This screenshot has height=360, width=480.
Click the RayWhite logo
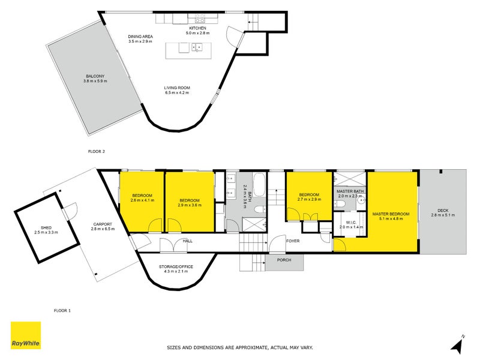pyautogui.click(x=26, y=335)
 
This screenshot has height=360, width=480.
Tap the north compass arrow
pyautogui.click(x=458, y=344)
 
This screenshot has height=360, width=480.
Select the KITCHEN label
pyautogui.click(x=197, y=28)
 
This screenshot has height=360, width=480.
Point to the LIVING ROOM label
pyautogui.click(x=177, y=88)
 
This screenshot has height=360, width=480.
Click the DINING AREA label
pyautogui.click(x=141, y=37)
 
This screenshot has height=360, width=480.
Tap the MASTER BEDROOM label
pyautogui.click(x=391, y=214)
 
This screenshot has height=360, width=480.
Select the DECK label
pyautogui.click(x=443, y=210)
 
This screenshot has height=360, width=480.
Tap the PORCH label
pyautogui.click(x=284, y=260)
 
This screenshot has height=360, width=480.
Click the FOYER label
pyautogui.click(x=293, y=241)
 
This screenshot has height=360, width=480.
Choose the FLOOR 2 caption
pyautogui.click(x=97, y=151)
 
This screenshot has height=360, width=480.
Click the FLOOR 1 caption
pyautogui.click(x=62, y=310)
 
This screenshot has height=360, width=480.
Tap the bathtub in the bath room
pyautogui.click(x=259, y=184)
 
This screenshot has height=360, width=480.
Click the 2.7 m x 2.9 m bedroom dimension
pyautogui.click(x=309, y=200)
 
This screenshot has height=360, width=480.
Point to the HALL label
pyautogui.click(x=187, y=241)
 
